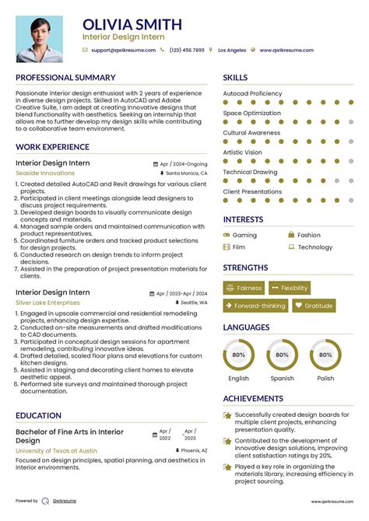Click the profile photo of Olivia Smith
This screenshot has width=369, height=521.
pos(40,39)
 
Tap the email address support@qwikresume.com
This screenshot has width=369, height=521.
pos(121,50)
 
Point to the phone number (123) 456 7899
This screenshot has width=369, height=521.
pos(187,50)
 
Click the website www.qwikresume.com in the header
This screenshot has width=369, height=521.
pos(287,50)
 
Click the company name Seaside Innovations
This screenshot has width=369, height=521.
pos(45,173)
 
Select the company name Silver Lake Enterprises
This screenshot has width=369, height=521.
pos(47,302)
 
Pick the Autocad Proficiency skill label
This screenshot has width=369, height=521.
pos(252,93)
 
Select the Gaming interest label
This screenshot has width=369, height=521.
pos(244,235)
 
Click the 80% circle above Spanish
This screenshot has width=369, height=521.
pos(282,355)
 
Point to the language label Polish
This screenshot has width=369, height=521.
pos(325,379)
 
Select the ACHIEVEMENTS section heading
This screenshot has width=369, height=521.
pos(253,398)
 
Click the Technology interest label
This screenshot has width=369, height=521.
pos(315,247)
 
